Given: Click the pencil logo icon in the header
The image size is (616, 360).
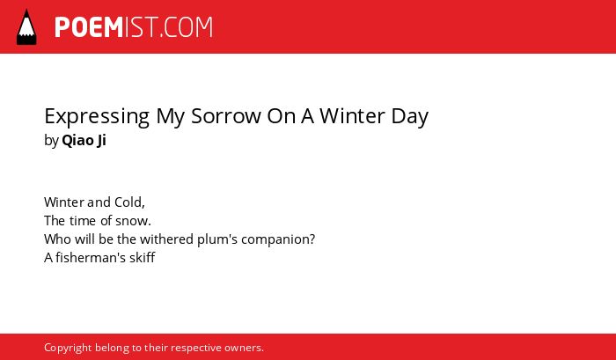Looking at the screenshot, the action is [26, 26].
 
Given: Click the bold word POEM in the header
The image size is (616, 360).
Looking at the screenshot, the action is [89, 27].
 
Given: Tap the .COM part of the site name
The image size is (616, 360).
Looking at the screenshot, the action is [186, 27].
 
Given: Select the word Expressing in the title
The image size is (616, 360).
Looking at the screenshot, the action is [97, 117].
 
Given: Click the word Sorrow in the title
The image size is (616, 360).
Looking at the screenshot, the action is [226, 116].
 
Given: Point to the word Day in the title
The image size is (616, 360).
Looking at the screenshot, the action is [410, 117].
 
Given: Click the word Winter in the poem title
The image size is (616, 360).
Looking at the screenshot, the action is [352, 116].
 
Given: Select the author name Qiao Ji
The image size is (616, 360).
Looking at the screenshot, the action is [84, 141].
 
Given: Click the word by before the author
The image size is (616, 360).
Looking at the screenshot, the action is [51, 141].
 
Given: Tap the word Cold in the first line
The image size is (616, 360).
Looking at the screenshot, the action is [128, 202].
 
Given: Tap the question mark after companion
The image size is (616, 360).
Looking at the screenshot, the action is [312, 239].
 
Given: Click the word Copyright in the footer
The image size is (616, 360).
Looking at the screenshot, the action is [68, 349].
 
